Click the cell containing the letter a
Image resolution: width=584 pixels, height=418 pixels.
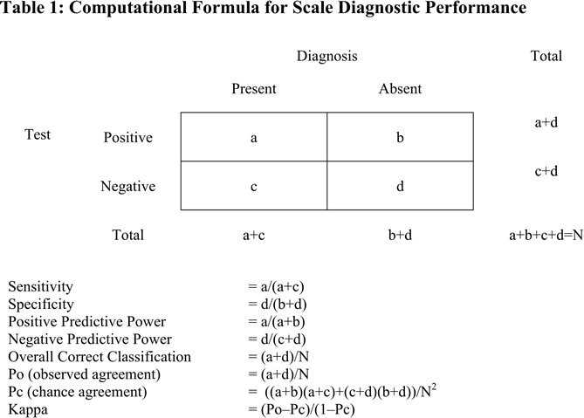point(253,137)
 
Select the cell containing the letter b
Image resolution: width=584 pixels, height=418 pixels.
point(400,137)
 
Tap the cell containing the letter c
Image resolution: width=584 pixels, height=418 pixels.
point(253,186)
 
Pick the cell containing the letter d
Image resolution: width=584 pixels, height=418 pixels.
point(400,186)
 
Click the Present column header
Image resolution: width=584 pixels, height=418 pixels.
point(253,89)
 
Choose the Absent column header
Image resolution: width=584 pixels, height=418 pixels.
point(400,89)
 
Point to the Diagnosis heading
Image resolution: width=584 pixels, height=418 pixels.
point(326,56)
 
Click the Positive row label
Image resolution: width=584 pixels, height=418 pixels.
point(127,138)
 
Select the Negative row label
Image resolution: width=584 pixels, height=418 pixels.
point(128,186)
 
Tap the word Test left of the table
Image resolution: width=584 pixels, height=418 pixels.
point(38,134)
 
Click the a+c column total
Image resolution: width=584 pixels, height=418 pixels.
point(253,235)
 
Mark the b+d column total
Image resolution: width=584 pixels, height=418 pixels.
point(400,235)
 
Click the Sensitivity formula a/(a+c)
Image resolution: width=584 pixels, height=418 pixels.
point(276,286)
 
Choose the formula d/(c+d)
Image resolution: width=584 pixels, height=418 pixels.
point(276,339)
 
